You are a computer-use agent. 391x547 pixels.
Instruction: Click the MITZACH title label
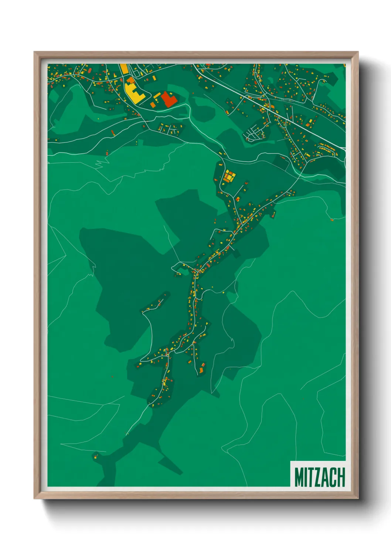(319, 477)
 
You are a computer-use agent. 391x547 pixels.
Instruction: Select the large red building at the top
(168, 99)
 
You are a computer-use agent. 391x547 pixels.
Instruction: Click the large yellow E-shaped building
(134, 93)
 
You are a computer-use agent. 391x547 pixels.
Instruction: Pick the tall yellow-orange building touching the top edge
(124, 69)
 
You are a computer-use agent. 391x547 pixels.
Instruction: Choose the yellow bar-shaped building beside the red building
(157, 96)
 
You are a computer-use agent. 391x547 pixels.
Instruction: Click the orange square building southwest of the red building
(153, 105)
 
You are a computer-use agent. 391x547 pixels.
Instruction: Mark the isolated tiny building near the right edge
(332, 220)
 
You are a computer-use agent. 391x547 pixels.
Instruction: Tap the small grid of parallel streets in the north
(254, 133)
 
